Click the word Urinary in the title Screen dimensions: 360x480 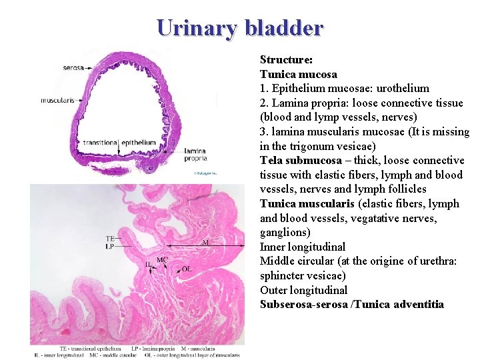[198, 28]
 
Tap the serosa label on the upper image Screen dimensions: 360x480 [73, 67]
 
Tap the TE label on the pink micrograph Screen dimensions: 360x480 [111, 238]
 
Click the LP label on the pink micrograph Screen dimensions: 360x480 [111, 245]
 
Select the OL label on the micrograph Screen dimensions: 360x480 [187, 269]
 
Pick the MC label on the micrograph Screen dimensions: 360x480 [162, 259]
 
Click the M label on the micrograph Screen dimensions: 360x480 [205, 243]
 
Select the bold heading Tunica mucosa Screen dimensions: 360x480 [298, 74]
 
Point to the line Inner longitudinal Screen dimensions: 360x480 [302, 247]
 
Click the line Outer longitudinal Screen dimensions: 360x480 [303, 291]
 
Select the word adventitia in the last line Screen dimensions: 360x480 [419, 305]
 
